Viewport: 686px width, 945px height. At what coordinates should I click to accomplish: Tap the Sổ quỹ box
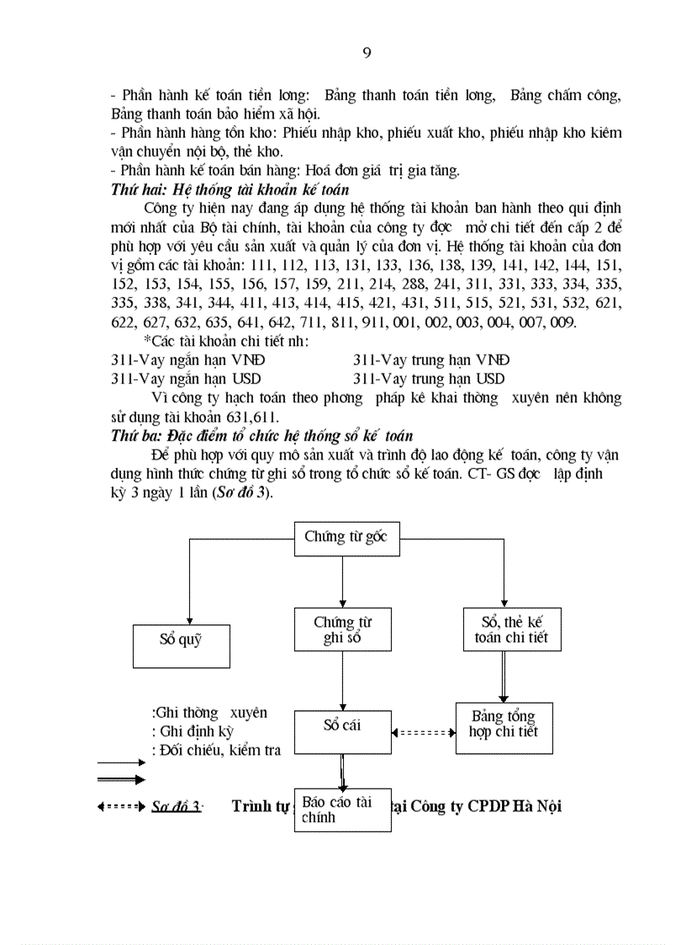tap(182, 645)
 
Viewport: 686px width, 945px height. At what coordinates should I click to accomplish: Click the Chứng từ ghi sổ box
tap(342, 629)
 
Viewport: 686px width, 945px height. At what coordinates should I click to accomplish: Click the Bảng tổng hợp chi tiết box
tap(504, 724)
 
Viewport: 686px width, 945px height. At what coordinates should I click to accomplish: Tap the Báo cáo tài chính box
tap(342, 809)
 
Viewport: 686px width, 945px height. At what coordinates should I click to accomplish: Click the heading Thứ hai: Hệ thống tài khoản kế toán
tap(230, 190)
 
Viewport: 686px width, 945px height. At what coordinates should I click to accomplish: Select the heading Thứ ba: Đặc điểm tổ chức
tap(261, 435)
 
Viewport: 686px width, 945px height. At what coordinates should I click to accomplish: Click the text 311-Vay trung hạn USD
tap(429, 379)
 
